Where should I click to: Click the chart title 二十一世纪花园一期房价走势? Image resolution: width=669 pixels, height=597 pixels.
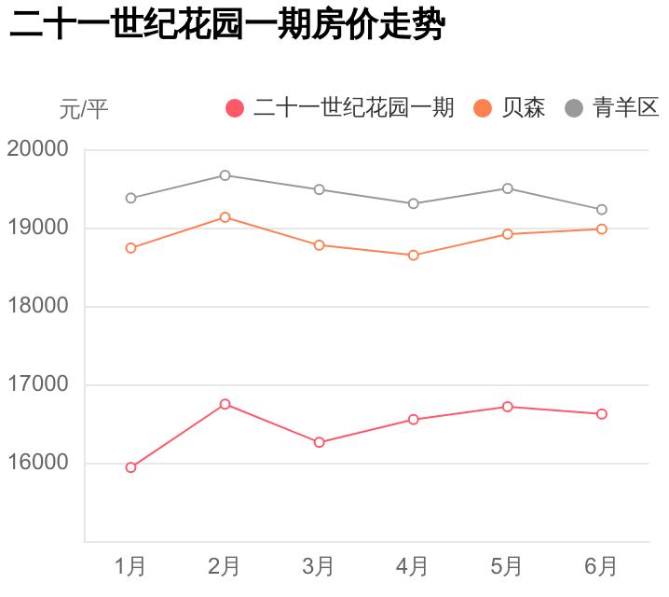point(225,26)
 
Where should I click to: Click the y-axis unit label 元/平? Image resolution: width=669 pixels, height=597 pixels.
point(84,109)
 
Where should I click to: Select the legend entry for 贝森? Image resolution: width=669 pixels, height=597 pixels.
point(510,108)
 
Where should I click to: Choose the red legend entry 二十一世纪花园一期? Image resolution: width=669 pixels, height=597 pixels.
point(340,108)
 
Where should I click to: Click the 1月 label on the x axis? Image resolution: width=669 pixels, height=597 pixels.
point(130,566)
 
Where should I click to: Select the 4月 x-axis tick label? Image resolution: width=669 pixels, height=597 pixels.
point(413,566)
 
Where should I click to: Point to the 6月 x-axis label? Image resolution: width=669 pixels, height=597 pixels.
point(601,566)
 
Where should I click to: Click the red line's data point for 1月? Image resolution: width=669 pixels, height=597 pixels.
point(130,467)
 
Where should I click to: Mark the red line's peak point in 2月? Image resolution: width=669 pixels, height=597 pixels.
point(225,404)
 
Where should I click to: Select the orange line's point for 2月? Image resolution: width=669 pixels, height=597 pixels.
point(225,217)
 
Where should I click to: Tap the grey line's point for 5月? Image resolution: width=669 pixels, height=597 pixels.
point(508,188)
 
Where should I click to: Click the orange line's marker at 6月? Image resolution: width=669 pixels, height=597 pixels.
point(602,229)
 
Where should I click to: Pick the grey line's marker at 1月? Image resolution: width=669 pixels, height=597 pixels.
point(130,198)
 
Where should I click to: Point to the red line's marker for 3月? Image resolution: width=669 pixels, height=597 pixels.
point(319,442)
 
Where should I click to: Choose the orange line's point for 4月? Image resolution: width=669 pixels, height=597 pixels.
point(413,255)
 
